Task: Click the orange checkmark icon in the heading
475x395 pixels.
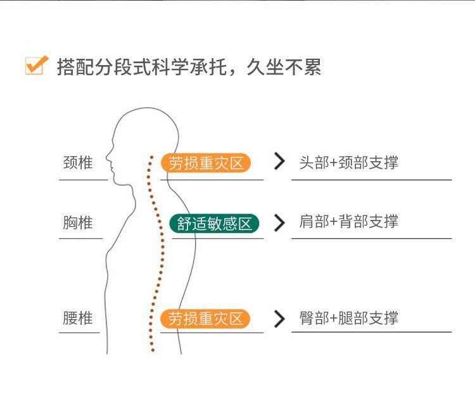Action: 37,66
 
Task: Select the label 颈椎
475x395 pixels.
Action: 78,162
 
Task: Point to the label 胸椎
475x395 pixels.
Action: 78,222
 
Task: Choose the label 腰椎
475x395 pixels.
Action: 78,318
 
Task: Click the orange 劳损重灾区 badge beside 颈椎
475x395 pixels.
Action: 206,163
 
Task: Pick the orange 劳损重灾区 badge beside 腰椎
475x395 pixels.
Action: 206,319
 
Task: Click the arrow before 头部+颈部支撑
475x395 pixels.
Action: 279,162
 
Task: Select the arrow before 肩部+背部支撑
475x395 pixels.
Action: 279,222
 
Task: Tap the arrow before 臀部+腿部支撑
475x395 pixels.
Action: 279,319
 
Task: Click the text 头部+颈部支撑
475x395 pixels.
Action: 348,162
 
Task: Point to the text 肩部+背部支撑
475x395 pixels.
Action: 348,222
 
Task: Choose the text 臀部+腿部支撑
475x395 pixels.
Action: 348,318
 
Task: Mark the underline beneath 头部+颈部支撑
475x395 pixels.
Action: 371,180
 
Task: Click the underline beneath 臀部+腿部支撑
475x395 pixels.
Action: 371,332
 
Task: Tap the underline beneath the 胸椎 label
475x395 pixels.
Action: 81,238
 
